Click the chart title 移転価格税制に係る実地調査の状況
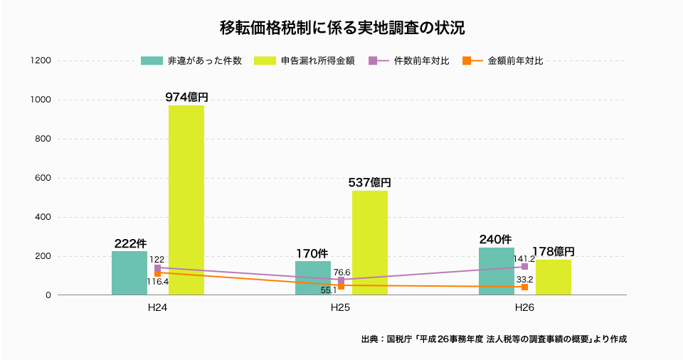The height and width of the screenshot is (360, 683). point(342,28)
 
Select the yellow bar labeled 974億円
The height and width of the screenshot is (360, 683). point(186,200)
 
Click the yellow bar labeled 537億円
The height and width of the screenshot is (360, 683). point(370,243)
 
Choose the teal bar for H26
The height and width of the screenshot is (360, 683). point(497,271)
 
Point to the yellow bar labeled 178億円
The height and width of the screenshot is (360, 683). point(554,277)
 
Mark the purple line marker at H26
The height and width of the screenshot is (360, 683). point(525,267)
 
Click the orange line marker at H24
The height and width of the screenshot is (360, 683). point(158,272)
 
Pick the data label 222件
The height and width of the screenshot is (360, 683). point(130,243)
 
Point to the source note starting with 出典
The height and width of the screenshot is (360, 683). point(494,339)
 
